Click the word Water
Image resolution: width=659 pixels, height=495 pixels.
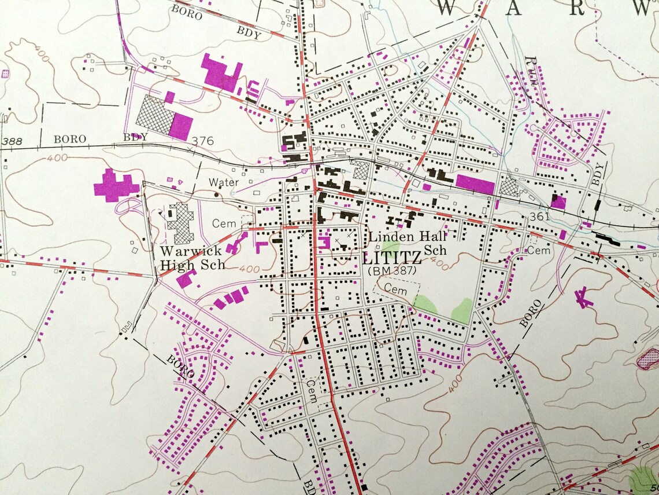pyautogui.click(x=224, y=182)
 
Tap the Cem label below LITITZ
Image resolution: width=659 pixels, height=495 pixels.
pyautogui.click(x=396, y=288)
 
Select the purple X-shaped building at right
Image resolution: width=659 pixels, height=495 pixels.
pyautogui.click(x=583, y=298)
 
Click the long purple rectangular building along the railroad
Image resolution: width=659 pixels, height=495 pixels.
pyautogui.click(x=475, y=184)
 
